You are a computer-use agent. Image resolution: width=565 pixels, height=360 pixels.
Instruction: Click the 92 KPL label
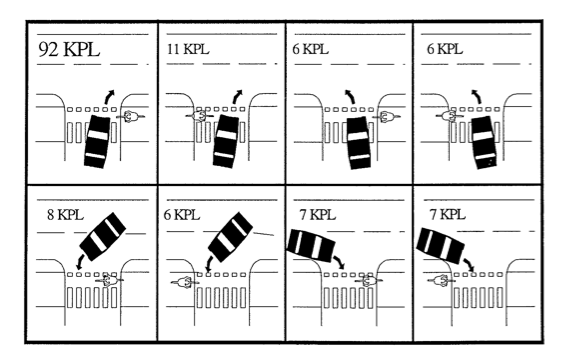(68, 49)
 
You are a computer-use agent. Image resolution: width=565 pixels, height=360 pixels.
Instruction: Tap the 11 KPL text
(188, 49)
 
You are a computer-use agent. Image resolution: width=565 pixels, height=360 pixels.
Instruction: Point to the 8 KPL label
(65, 215)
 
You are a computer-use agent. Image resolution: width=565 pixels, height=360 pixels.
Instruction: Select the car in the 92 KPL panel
(97, 141)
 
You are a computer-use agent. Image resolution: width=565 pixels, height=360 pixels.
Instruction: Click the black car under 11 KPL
(226, 141)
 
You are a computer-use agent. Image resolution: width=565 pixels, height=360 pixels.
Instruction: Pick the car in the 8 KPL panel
(102, 236)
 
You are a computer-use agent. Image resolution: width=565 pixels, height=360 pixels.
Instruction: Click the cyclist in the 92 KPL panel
(130, 116)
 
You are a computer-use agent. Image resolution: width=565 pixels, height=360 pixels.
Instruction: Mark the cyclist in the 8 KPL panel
(110, 280)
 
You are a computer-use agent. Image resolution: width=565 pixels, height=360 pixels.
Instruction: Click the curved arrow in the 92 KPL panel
(108, 96)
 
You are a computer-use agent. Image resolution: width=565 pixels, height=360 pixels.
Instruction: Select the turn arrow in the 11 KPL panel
(237, 96)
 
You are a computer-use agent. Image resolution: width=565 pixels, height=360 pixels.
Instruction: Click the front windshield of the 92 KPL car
(98, 135)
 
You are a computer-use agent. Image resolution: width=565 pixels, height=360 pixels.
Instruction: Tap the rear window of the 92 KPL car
(95, 156)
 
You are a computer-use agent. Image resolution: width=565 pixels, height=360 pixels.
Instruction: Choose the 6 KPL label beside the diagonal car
(182, 215)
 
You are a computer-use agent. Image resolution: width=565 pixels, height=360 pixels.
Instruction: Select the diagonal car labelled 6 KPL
(231, 236)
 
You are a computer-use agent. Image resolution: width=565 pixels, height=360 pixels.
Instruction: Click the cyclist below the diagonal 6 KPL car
(185, 282)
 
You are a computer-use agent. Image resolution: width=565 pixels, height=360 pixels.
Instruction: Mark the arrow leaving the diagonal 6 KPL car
(209, 264)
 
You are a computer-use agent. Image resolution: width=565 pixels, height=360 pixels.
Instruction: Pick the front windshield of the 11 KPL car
(227, 134)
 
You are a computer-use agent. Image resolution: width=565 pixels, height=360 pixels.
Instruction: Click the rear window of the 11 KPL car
(224, 156)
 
